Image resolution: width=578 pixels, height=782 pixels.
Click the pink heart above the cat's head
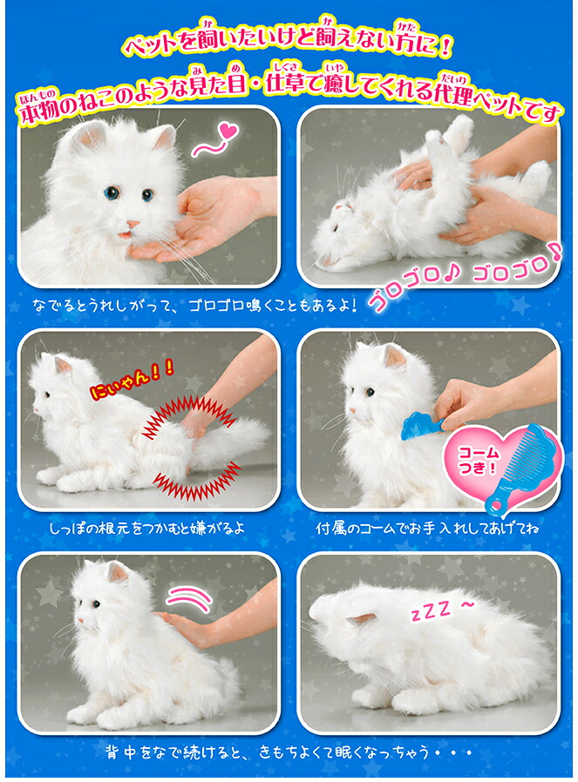(228, 131)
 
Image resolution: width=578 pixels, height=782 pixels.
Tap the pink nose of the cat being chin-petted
(133, 225)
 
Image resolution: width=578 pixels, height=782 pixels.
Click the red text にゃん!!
(132, 382)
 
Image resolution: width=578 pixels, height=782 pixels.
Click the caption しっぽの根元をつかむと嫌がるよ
(147, 528)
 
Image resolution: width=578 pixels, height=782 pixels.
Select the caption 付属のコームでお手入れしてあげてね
(428, 528)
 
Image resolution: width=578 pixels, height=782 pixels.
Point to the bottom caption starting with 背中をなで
(289, 752)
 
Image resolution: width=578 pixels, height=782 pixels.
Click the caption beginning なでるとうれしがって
(195, 305)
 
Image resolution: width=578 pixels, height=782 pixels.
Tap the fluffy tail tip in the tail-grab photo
(252, 434)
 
